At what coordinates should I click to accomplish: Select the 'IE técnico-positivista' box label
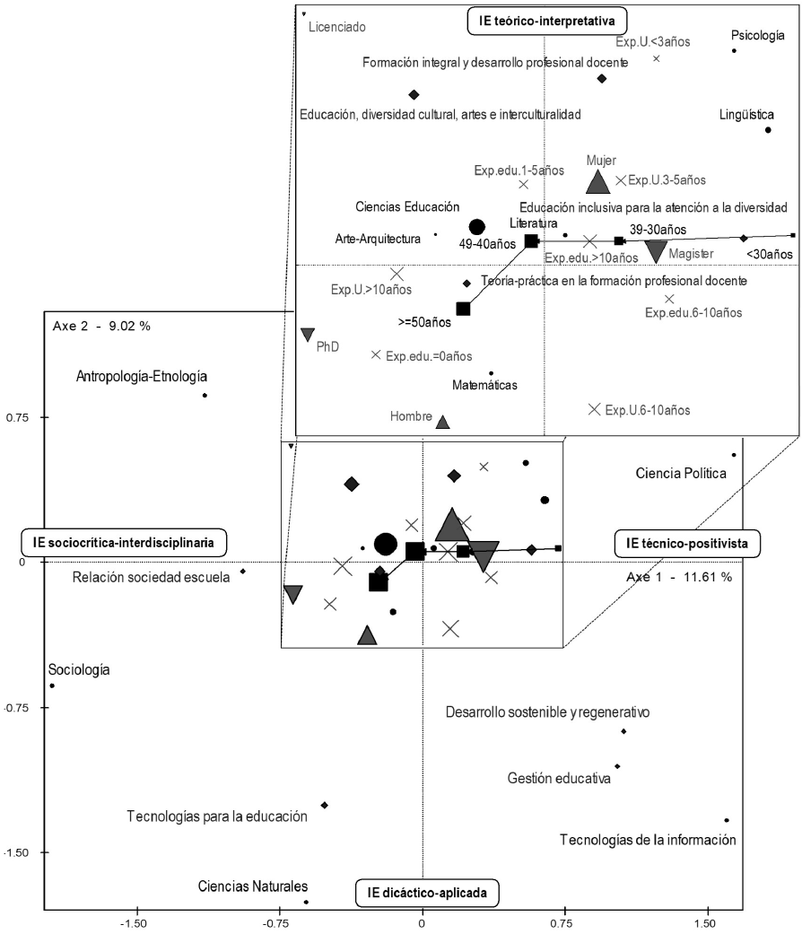(687, 542)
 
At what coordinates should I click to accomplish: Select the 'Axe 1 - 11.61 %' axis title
(679, 576)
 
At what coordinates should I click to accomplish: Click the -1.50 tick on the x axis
(135, 921)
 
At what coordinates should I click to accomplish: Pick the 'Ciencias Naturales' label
(254, 886)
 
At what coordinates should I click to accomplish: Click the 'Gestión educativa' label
(559, 778)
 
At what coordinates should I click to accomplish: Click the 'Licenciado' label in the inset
(336, 27)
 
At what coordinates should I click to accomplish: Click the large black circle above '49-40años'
(477, 227)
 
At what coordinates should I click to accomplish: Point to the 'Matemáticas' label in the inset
(490, 385)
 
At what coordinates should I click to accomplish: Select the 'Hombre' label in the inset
(412, 416)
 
